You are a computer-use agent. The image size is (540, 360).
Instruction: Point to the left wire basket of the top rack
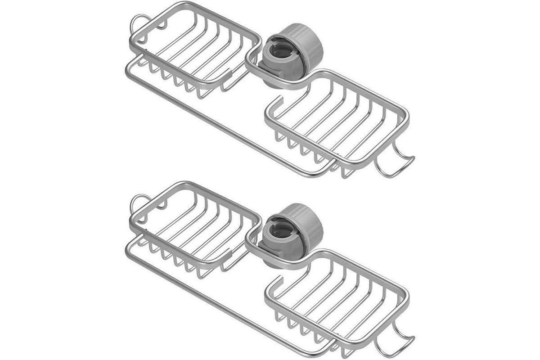point(193,49)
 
